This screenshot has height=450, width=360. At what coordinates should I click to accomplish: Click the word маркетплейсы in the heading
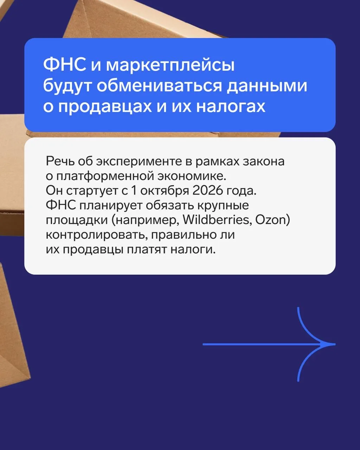[x=170, y=65]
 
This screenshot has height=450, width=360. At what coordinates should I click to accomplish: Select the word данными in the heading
[x=267, y=86]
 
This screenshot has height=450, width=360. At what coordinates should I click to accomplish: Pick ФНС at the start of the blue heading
[x=64, y=65]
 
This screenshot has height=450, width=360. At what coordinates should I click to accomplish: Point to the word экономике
[x=192, y=176]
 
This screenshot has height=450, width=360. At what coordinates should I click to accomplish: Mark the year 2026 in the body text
[x=207, y=191]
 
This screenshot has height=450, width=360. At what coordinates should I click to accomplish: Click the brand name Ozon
[x=271, y=220]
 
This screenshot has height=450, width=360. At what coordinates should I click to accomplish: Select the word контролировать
[x=97, y=235]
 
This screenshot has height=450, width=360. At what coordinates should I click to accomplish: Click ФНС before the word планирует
[x=61, y=205]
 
